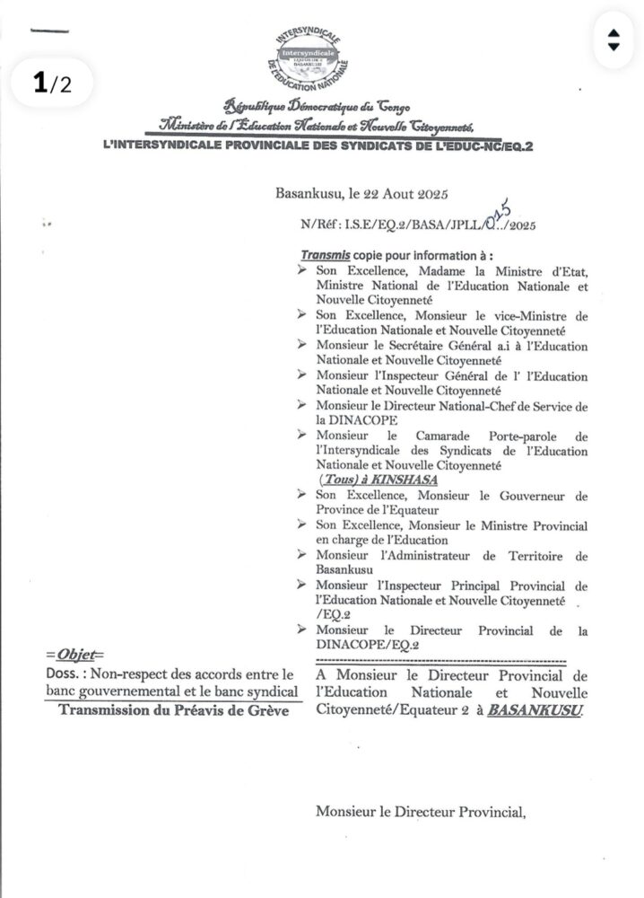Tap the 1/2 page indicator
coord(51,84)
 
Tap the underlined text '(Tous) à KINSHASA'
coord(369,481)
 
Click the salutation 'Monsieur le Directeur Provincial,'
coord(419,812)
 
